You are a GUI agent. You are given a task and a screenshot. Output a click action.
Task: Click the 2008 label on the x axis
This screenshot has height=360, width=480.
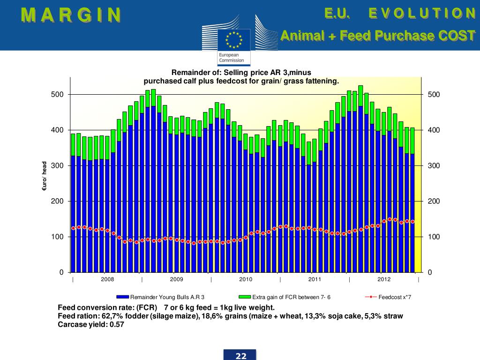click(107, 279)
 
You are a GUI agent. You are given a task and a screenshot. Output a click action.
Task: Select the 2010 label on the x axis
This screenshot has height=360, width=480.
click(246, 279)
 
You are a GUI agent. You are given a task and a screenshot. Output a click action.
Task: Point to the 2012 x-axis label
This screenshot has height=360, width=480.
click(384, 279)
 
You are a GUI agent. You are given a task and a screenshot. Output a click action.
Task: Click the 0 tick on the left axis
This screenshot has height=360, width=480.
click(61, 272)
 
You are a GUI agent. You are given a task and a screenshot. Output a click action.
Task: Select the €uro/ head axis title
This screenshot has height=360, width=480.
click(44, 176)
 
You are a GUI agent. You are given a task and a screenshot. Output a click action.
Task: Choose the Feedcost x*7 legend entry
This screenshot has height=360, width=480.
click(394, 297)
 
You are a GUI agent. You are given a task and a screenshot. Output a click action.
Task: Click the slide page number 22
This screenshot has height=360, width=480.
click(241, 356)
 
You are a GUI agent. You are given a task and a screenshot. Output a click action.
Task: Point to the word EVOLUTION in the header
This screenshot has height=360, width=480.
click(422, 13)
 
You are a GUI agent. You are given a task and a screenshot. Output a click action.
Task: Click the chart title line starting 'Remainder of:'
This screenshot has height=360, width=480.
click(241, 73)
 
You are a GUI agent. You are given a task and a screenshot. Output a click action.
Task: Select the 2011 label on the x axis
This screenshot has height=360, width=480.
click(315, 279)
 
